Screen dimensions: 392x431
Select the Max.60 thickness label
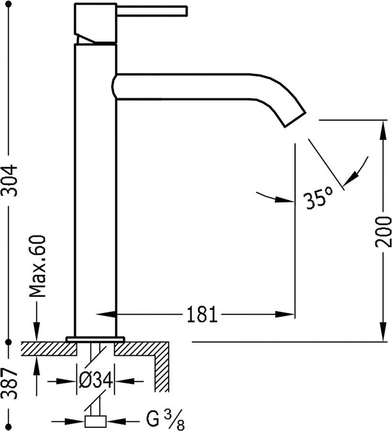click(x=37, y=266)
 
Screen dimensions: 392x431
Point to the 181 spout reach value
click(x=202, y=314)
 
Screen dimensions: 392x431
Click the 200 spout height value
click(x=383, y=231)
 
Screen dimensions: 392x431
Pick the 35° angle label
click(x=319, y=197)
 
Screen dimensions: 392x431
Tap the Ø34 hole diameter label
click(x=96, y=381)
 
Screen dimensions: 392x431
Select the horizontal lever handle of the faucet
click(x=152, y=10)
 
